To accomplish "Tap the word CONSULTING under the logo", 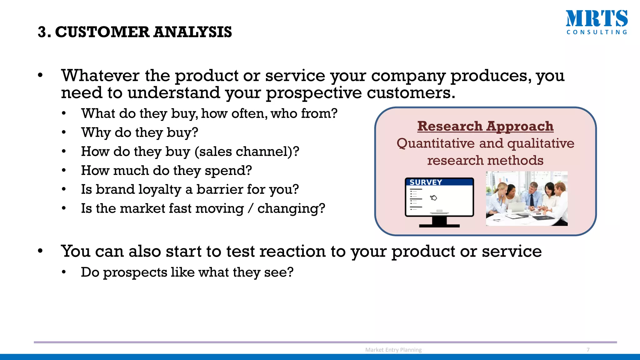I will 597,32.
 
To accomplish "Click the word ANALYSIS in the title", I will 192,32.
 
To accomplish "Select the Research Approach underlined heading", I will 485,126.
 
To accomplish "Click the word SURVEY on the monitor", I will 426,182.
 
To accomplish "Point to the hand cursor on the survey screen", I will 433,197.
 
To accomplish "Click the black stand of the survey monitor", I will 439,222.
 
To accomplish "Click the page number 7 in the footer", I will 588,350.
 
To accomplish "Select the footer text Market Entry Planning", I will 393,350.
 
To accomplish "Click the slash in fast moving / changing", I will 250,208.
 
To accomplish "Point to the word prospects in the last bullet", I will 135,272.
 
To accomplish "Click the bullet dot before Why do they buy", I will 64,132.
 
